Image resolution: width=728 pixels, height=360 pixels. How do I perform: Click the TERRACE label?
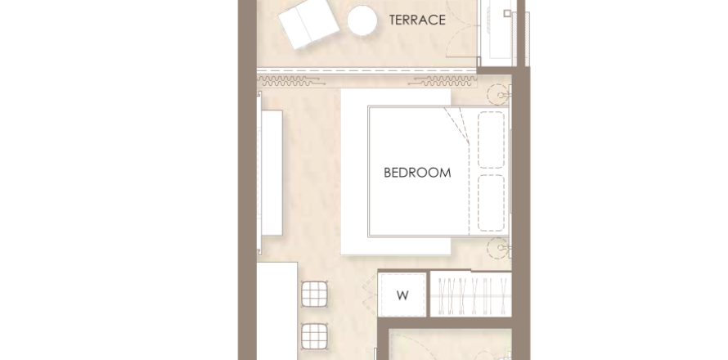coord(417,20)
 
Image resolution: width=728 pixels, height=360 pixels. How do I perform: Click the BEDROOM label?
coord(417,173)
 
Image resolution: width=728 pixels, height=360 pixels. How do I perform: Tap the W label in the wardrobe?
coord(402,295)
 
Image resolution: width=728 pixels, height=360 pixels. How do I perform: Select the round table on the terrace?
coord(362,20)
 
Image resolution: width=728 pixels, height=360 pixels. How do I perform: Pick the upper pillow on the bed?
coord(492,139)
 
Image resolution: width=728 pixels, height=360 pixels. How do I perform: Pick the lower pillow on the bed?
coord(492,203)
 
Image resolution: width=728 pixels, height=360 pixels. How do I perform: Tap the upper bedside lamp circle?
coord(497,95)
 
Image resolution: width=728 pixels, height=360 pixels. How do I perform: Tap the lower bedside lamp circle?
coord(497,248)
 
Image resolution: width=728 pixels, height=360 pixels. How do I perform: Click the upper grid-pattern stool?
coord(315,294)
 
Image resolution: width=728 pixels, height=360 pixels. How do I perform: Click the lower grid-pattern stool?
coord(315,337)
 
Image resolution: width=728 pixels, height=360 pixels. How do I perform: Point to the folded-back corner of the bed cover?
coord(457,124)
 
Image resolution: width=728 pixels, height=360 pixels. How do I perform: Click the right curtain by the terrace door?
coord(443,82)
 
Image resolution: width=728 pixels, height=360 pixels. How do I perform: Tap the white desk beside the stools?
coord(277,311)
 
